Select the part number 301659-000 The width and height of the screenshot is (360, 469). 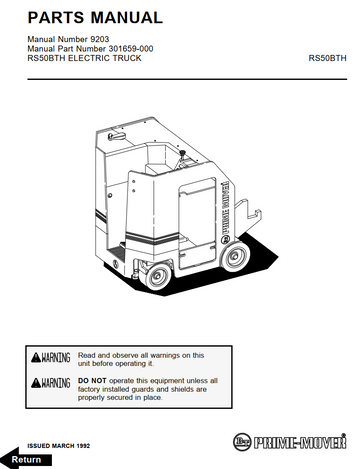click(x=114, y=49)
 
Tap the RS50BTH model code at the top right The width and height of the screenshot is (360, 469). click(x=327, y=59)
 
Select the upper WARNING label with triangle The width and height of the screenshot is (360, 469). click(x=50, y=358)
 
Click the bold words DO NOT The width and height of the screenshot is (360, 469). click(x=92, y=380)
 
